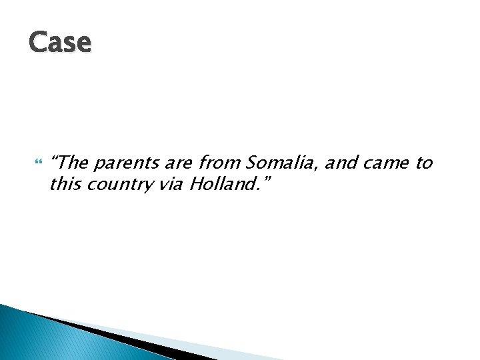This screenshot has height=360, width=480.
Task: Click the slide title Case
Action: tap(60, 42)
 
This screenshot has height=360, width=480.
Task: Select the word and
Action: tap(338, 162)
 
